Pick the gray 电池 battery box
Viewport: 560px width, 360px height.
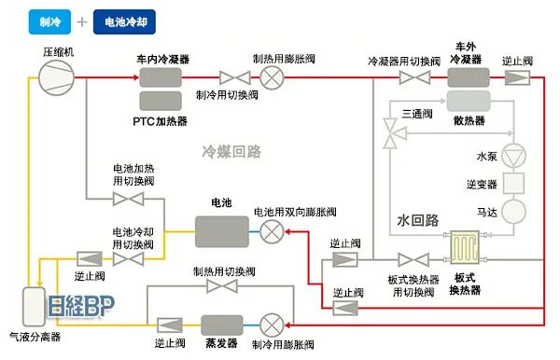click(221, 230)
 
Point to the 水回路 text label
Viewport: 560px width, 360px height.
click(417, 221)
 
